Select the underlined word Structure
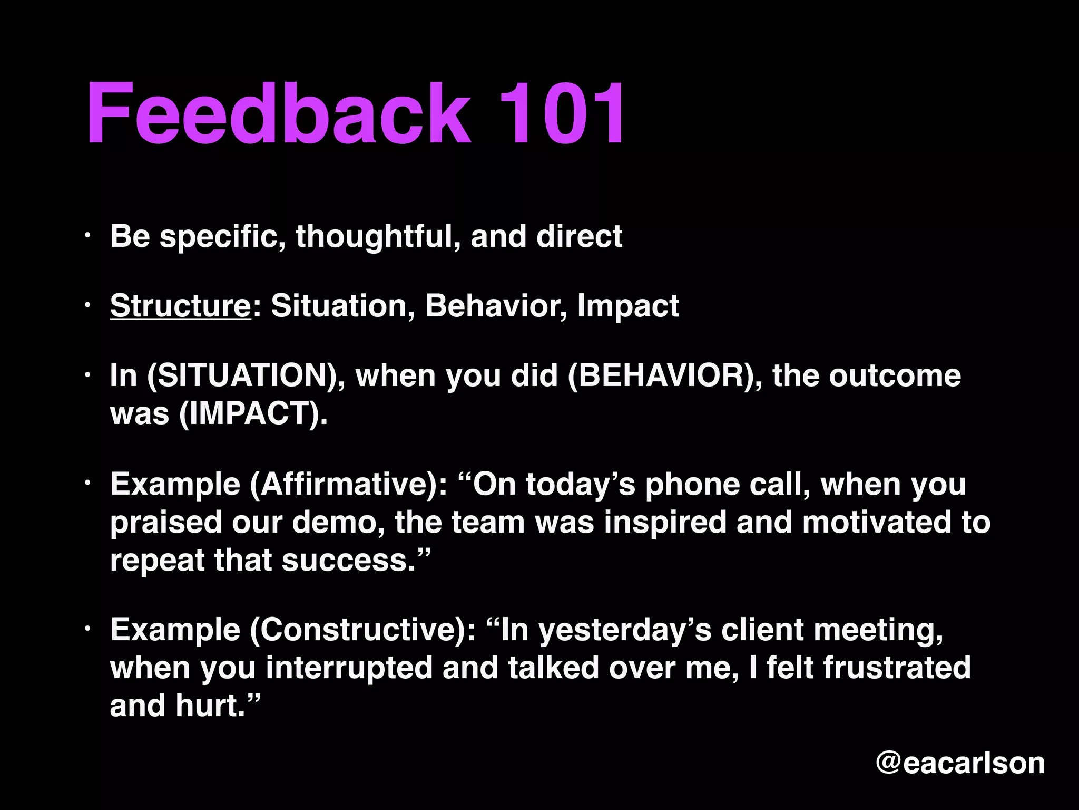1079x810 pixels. [181, 305]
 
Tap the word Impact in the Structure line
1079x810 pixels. [628, 305]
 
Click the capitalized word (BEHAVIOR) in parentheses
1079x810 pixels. [664, 375]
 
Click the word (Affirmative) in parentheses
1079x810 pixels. [348, 484]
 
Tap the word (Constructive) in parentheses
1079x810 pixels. [363, 630]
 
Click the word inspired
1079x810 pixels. [665, 522]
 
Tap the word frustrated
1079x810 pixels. [897, 668]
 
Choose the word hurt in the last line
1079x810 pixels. [211, 706]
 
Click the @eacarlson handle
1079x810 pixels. [960, 763]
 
